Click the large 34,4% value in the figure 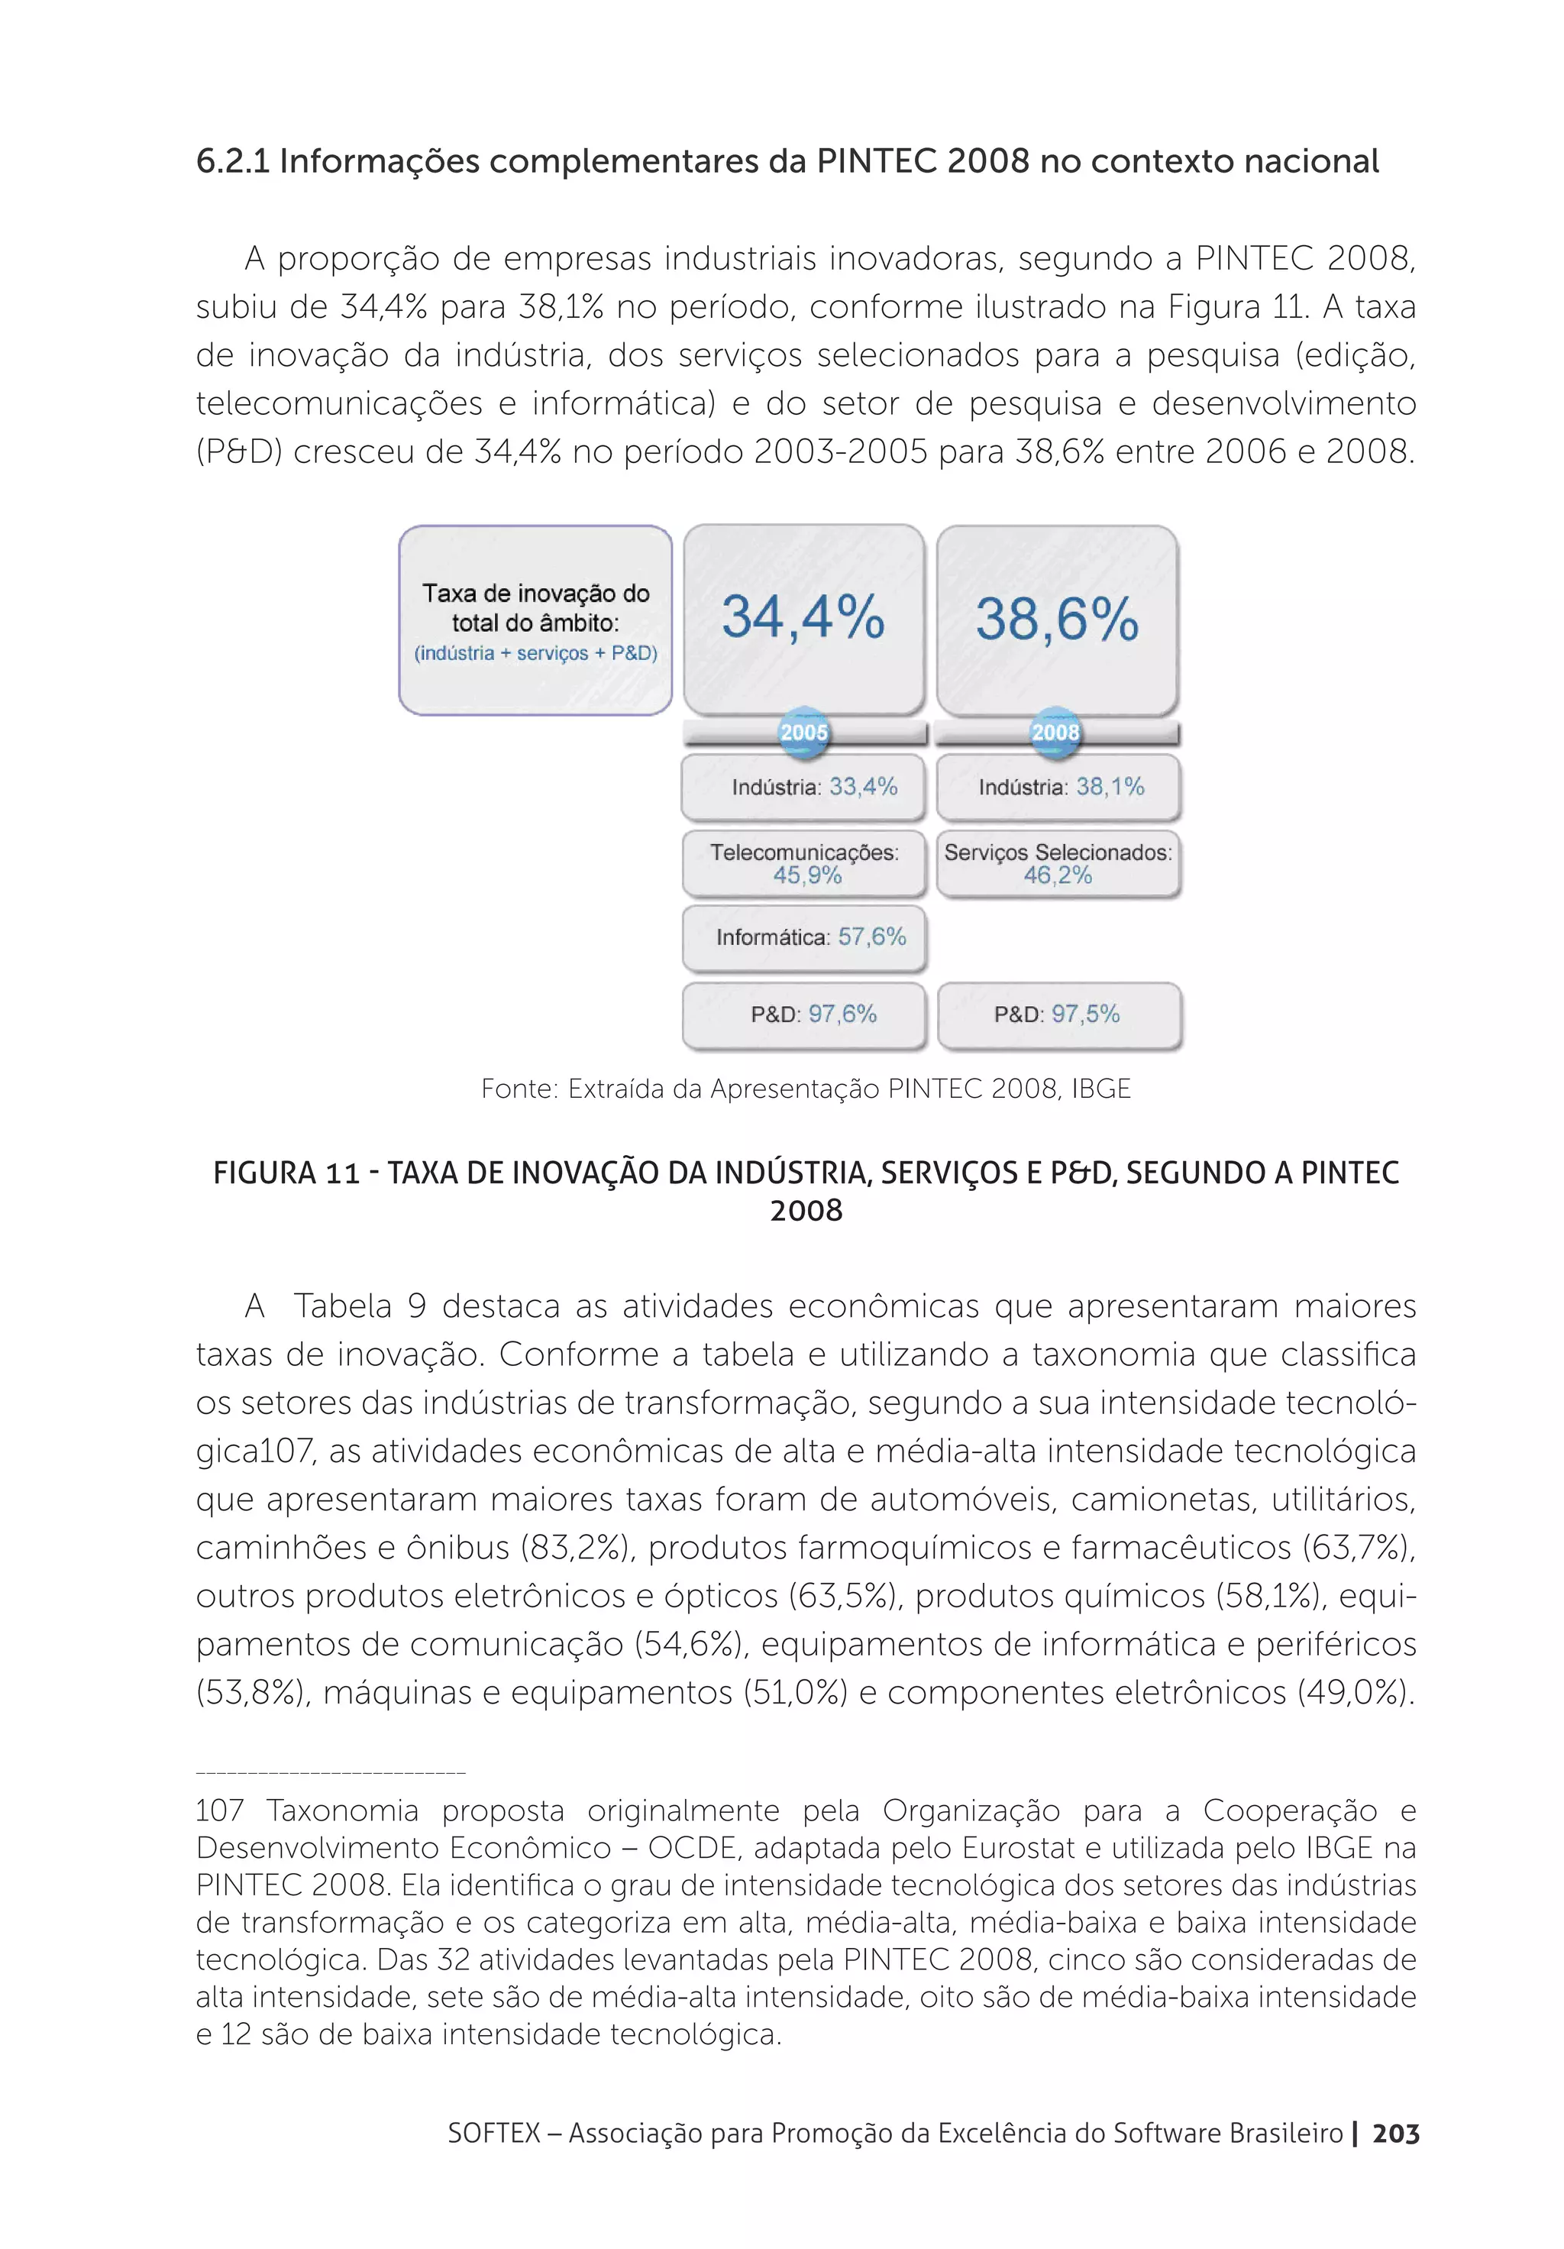point(803,618)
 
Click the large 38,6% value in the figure point(1057,619)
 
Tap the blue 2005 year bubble point(803,733)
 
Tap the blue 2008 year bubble point(1055,733)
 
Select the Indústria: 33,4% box point(803,787)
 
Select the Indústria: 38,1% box point(1058,787)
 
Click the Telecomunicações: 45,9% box point(803,864)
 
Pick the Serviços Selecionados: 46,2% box point(1058,864)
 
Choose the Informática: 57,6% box point(803,937)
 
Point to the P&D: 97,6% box point(803,1014)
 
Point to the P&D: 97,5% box point(1058,1014)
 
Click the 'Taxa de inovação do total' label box point(535,621)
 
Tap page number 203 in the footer point(1394,2134)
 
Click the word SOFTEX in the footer point(493,2134)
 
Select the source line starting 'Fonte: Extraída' point(805,1089)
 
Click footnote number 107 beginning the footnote point(218,1811)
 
